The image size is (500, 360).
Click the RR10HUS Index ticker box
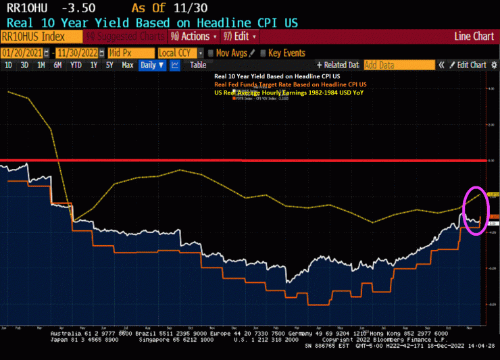[x=30, y=36]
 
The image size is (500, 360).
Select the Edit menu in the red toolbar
[x=241, y=36]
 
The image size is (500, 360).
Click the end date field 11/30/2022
[x=78, y=53]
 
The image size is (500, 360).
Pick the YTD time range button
[x=76, y=66]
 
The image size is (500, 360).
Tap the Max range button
[x=126, y=66]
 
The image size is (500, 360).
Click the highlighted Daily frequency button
[x=151, y=66]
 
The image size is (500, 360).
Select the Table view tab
[x=198, y=66]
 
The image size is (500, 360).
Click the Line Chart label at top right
[x=474, y=36]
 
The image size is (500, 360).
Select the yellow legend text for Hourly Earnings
[x=288, y=92]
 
